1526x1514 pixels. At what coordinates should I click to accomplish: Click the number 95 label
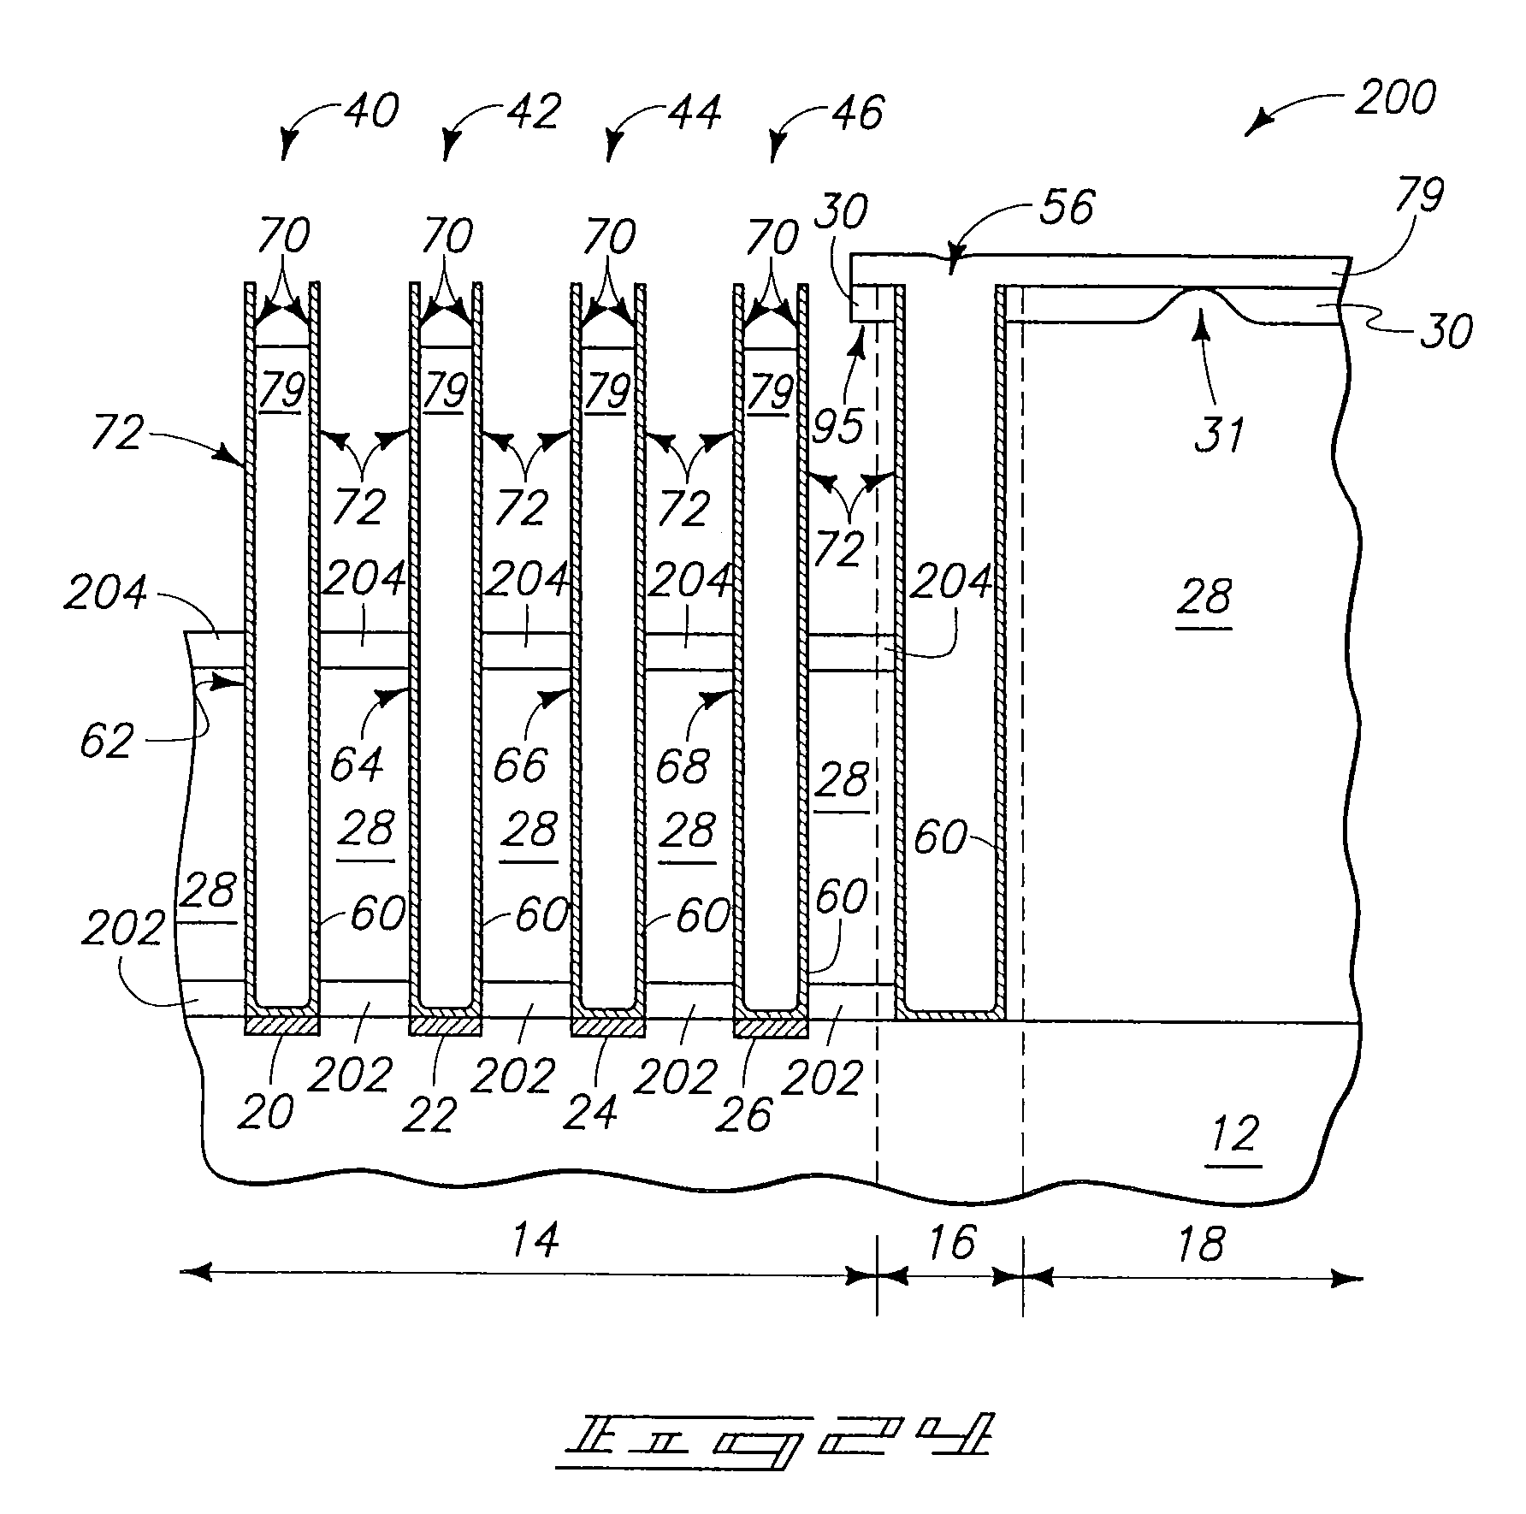coord(838,425)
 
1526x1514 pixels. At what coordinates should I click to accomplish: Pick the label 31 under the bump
coord(1218,435)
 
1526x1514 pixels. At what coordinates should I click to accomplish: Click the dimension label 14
coord(535,1239)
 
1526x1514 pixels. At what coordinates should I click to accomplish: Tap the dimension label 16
coord(950,1242)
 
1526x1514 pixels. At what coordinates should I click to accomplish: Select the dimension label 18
coord(1200,1245)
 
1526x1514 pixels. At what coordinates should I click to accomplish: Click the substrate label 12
coord(1235,1135)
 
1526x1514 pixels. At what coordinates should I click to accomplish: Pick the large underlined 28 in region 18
coord(1205,596)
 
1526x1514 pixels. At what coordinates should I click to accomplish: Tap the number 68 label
coord(682,766)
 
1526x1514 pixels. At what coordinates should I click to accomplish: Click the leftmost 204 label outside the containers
coord(106,592)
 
